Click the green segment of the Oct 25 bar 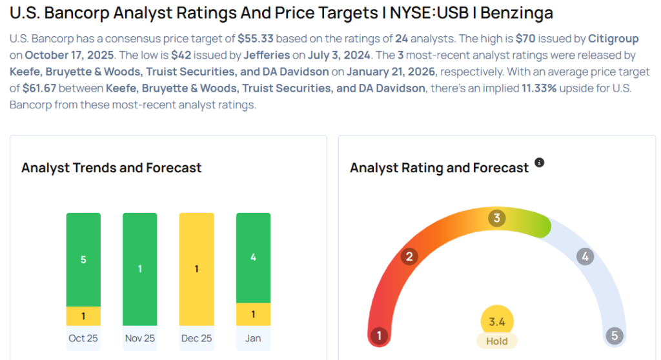pos(83,259)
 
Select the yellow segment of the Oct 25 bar pos(83,315)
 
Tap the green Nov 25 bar pos(140,269)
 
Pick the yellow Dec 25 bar pos(196,269)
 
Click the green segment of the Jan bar pos(253,257)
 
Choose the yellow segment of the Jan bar pos(253,314)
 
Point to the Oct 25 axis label pos(83,338)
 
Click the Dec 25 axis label pos(196,338)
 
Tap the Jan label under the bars pos(253,338)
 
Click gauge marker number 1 pos(379,335)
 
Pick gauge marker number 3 pos(496,218)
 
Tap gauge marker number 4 pos(585,257)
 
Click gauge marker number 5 pos(614,335)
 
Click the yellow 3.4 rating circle pos(497,321)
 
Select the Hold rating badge pos(497,341)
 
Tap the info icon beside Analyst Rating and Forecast pos(540,163)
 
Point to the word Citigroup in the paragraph pos(613,39)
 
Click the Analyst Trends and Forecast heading pos(112,168)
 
